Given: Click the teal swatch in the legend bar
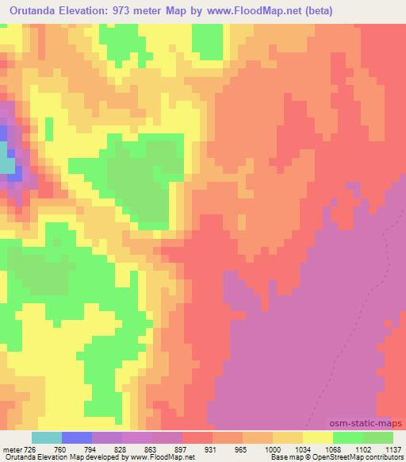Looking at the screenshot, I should pyautogui.click(x=47, y=437).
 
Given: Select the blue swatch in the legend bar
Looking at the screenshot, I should pyautogui.click(x=77, y=437).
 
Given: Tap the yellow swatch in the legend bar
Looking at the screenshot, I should pyautogui.click(x=316, y=437).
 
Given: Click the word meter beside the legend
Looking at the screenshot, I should pyautogui.click(x=12, y=449).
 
